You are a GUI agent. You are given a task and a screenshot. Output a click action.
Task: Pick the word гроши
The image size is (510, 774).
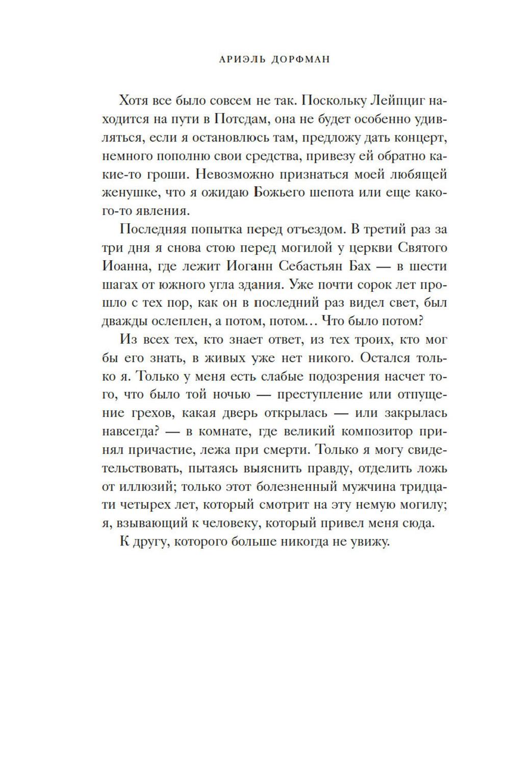[165, 174]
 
